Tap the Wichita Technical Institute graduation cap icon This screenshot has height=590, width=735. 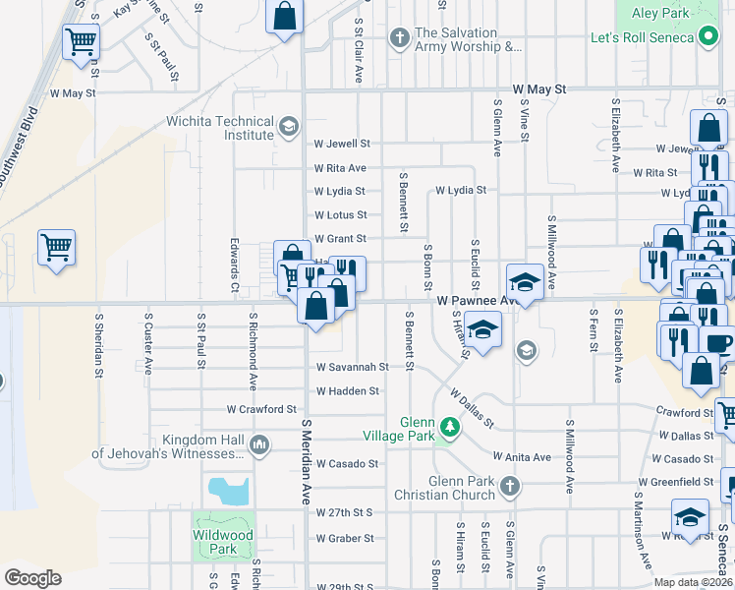click(x=289, y=126)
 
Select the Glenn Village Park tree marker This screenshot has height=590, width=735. click(x=449, y=428)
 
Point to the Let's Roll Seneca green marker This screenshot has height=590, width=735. click(x=709, y=37)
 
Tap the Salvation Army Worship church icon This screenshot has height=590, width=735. click(x=399, y=39)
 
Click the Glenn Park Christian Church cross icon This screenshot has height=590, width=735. click(x=509, y=486)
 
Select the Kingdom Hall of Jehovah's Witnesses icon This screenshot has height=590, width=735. click(x=259, y=445)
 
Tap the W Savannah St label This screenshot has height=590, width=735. click(x=352, y=367)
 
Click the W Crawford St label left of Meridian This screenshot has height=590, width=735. click(x=261, y=409)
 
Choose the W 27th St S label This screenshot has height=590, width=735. click(x=345, y=513)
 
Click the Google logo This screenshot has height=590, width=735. click(x=32, y=578)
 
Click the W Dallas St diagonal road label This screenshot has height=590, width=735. click(x=472, y=406)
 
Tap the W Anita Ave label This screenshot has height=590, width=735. click(x=522, y=457)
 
